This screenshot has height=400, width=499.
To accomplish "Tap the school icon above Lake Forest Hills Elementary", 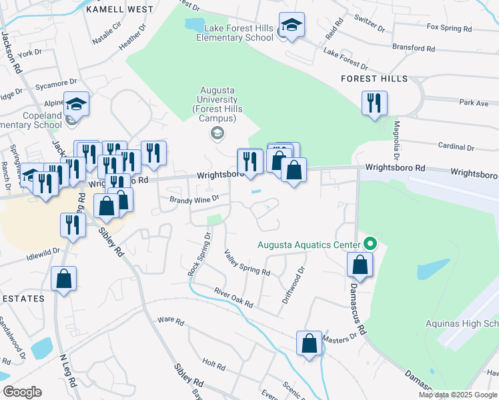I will tap(292, 26).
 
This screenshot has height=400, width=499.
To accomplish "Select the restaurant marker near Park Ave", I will tap(373, 103).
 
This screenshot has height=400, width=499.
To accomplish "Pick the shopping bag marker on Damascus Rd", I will tap(360, 265).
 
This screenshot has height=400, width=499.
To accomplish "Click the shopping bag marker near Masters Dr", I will tap(310, 344).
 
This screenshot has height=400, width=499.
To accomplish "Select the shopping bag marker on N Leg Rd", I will tap(63, 279).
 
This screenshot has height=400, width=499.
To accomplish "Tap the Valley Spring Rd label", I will tap(247, 263).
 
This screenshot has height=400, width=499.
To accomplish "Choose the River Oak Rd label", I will tap(233, 297).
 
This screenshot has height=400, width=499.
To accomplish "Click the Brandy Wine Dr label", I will tap(194, 199).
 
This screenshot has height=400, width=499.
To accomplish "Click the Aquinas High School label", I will tap(462, 324).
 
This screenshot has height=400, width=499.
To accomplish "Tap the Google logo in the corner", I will tap(22, 392).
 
